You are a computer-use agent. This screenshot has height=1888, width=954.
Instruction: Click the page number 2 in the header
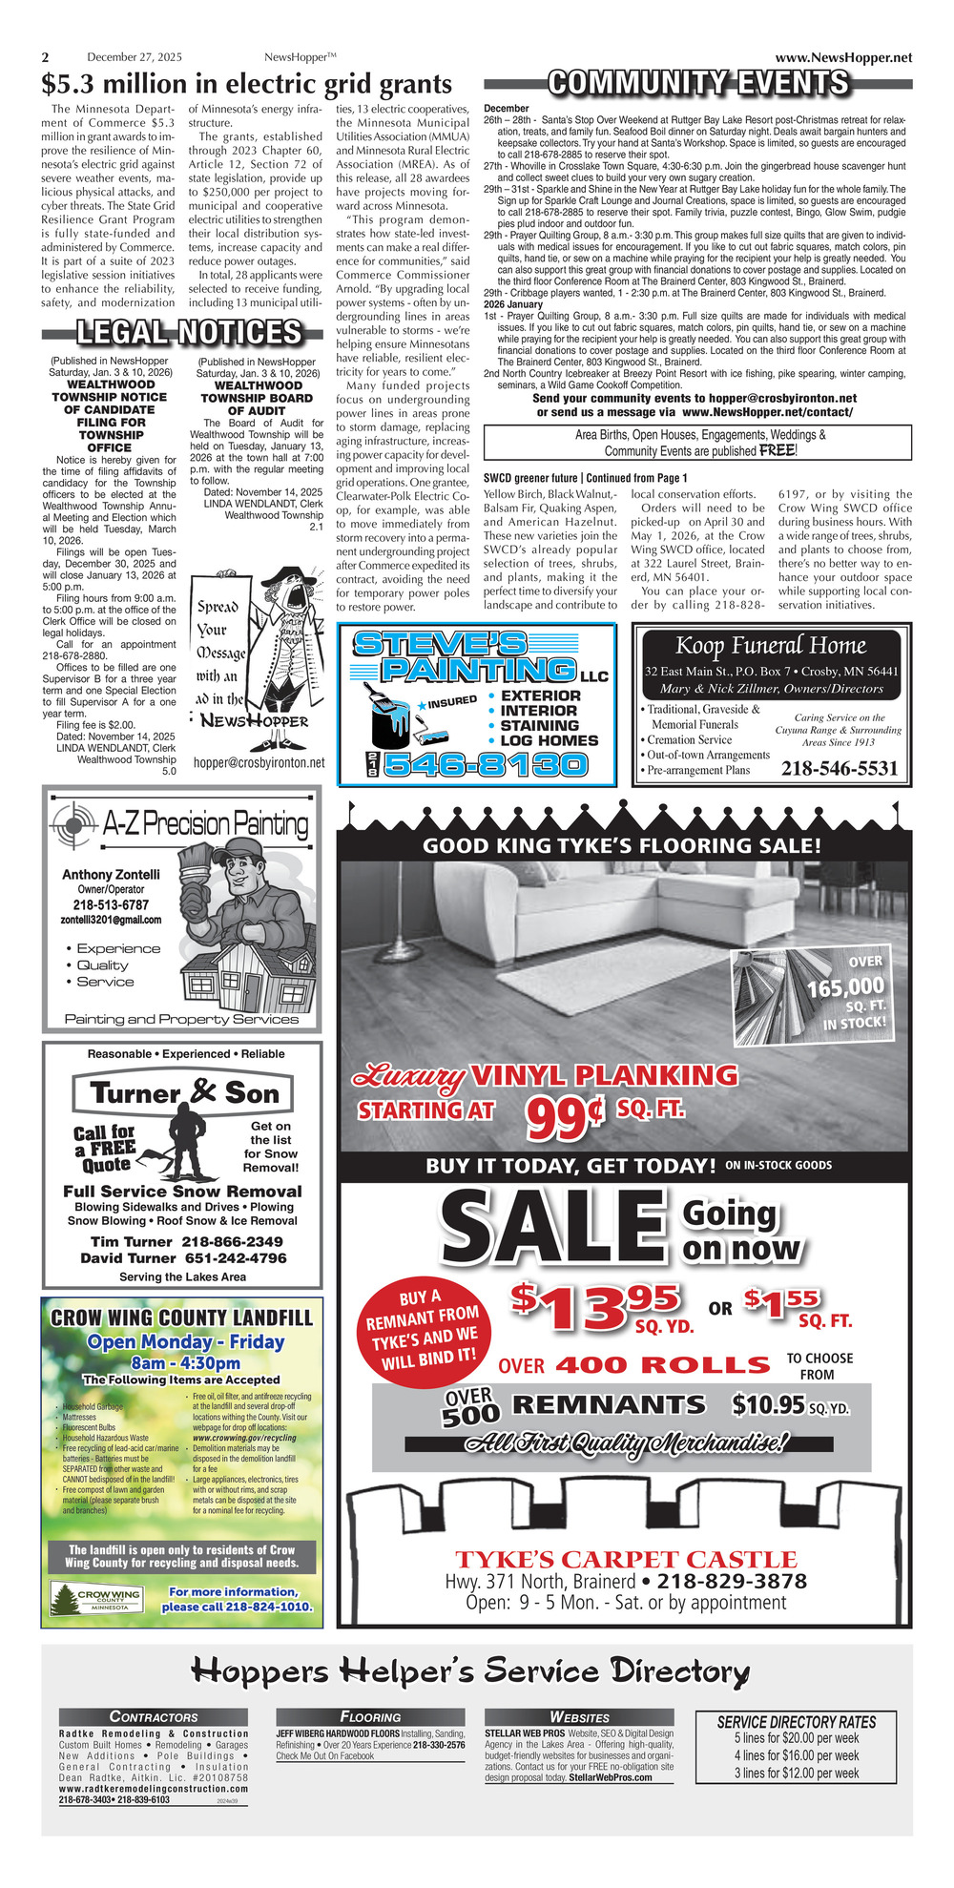click(45, 58)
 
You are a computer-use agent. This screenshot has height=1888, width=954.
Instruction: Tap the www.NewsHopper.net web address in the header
click(843, 58)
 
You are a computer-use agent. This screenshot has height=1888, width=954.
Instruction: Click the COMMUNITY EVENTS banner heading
click(698, 84)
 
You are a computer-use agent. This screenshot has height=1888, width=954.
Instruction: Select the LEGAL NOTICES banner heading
click(189, 333)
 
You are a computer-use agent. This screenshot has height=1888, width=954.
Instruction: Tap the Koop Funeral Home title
click(771, 646)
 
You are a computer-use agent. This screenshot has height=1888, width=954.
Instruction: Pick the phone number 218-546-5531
click(840, 769)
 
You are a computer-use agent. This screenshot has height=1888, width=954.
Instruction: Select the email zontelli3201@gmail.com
click(111, 920)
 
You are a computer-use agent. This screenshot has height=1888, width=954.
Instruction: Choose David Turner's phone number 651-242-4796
click(236, 1257)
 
